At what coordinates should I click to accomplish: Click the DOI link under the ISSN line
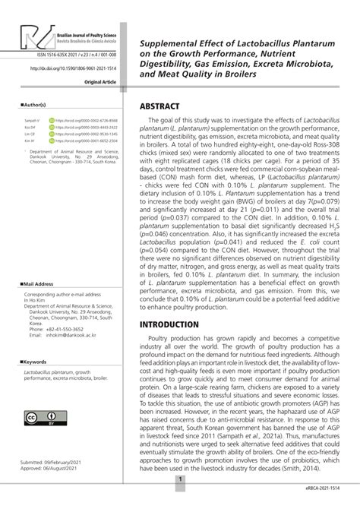click(x=74, y=68)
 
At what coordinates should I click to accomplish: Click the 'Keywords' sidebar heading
click(x=36, y=362)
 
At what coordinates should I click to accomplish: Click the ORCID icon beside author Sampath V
click(x=52, y=120)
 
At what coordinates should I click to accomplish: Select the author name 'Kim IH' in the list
click(x=30, y=141)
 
